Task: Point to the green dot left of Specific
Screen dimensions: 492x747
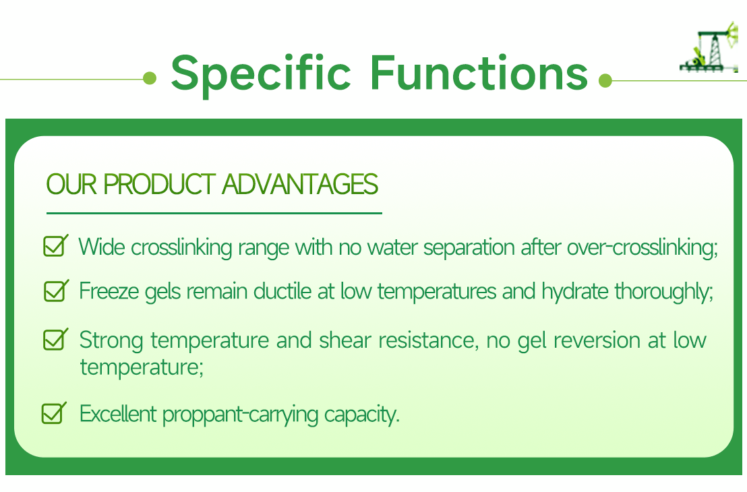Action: (x=150, y=79)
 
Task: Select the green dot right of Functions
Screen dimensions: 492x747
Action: (x=605, y=81)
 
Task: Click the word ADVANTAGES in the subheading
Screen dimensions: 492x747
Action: (x=300, y=185)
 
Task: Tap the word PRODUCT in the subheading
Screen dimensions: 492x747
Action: (x=160, y=185)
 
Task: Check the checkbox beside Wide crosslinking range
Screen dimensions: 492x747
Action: (x=55, y=246)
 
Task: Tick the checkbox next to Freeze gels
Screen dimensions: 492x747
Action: (x=55, y=290)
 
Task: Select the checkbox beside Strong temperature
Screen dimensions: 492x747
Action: (x=55, y=339)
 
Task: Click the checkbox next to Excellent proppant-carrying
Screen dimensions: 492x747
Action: (x=54, y=412)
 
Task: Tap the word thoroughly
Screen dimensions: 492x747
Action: (x=663, y=292)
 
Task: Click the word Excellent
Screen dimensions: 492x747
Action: (x=119, y=413)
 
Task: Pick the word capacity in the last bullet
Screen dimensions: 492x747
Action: (x=361, y=414)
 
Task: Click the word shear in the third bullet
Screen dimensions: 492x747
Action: (x=345, y=340)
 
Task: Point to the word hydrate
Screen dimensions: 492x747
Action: (x=575, y=292)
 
